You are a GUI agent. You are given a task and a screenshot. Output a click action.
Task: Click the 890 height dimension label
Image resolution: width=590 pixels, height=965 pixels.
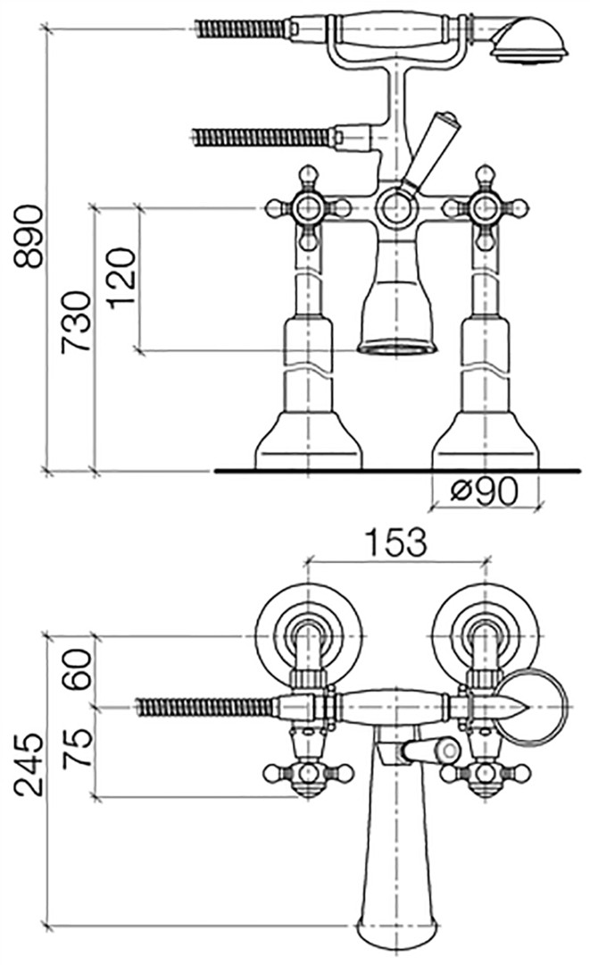[29, 237]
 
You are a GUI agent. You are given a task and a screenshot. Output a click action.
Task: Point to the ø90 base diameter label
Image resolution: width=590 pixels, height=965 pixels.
[484, 491]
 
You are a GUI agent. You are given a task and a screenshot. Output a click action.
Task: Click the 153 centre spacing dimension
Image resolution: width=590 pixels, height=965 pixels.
[395, 542]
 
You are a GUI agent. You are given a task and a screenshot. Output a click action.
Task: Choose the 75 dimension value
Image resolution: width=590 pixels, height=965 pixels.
[78, 747]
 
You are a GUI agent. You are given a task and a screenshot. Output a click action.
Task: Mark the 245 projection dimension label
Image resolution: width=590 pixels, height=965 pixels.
[29, 765]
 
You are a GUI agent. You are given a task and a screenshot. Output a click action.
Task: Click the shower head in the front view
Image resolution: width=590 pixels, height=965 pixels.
[528, 40]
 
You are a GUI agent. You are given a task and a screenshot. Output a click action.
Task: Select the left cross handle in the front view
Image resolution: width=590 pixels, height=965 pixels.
[307, 208]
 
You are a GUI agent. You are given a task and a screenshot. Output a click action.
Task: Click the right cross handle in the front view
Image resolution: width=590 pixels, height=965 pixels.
[486, 208]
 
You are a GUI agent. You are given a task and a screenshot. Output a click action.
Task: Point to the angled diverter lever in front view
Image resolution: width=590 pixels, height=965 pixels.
[430, 151]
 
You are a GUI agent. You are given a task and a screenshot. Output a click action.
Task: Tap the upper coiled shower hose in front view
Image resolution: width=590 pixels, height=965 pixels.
[240, 29]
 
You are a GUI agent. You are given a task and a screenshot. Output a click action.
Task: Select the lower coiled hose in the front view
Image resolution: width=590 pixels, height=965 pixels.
[263, 137]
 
